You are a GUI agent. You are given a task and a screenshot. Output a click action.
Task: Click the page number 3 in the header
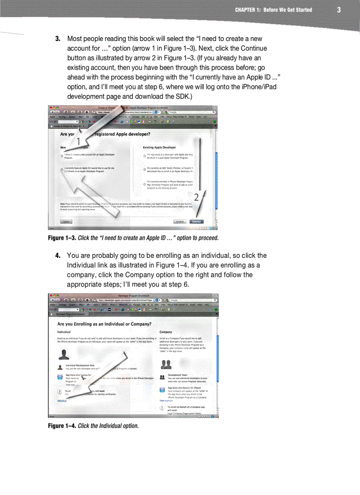click(x=338, y=10)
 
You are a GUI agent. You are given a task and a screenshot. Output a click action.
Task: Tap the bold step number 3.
click(x=57, y=39)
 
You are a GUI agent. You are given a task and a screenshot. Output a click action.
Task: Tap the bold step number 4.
click(x=57, y=256)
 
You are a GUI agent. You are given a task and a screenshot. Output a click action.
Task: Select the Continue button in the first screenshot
click(x=197, y=222)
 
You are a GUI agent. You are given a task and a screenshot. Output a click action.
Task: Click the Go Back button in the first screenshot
click(x=180, y=222)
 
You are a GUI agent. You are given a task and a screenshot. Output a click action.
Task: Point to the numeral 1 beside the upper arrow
click(x=78, y=142)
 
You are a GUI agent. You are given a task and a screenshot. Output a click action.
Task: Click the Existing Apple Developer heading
click(x=159, y=147)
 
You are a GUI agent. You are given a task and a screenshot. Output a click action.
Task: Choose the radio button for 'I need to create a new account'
click(x=62, y=156)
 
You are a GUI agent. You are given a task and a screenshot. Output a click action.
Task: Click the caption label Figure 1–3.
click(x=62, y=238)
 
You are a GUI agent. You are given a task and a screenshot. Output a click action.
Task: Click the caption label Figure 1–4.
click(x=62, y=426)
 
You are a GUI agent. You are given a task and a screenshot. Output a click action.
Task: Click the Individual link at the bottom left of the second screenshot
click(x=62, y=401)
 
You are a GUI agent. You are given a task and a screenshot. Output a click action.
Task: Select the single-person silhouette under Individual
click(x=64, y=354)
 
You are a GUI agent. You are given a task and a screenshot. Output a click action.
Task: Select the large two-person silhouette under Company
click(x=166, y=364)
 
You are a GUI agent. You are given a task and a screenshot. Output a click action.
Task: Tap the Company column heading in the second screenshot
click(x=166, y=332)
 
